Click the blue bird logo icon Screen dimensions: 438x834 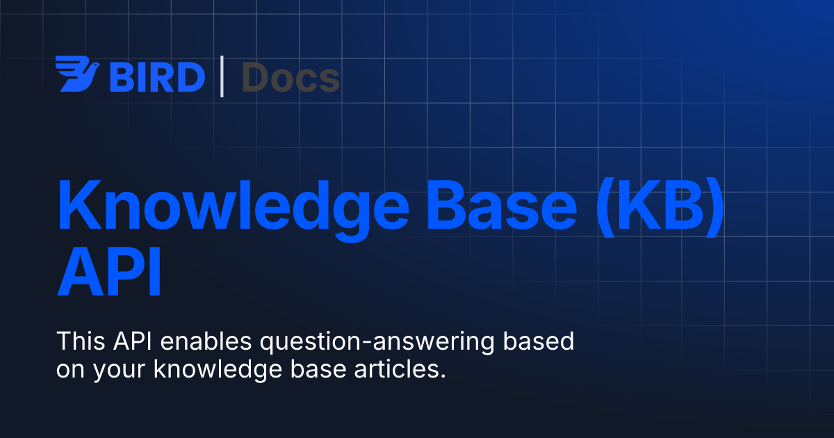point(77,76)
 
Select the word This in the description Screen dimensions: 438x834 point(78,342)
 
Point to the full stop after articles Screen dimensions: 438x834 point(442,377)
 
